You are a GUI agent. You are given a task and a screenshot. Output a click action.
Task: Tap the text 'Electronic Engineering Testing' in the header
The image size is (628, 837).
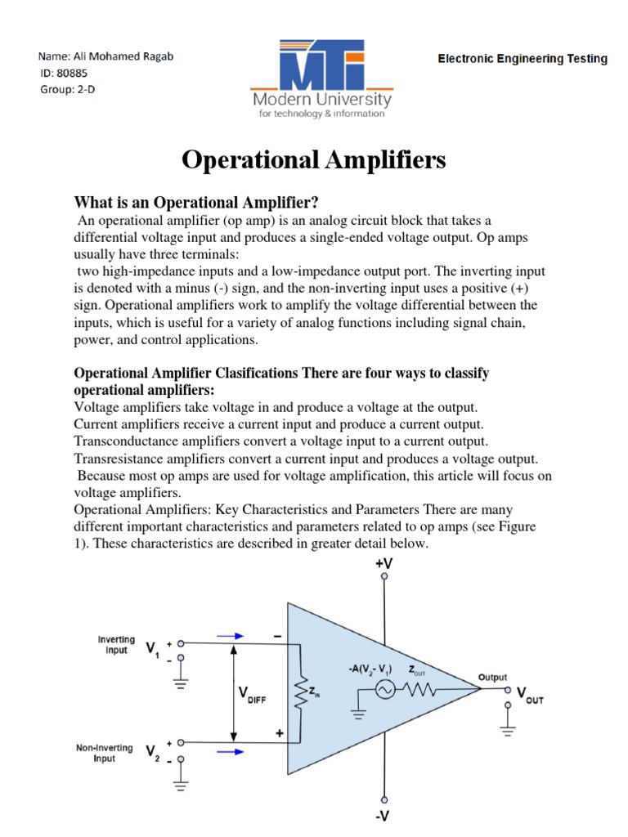[x=523, y=59]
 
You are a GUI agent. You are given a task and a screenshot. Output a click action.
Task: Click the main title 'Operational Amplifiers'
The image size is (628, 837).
[x=313, y=160]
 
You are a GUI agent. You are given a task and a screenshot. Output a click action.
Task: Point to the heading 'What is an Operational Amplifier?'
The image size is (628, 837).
[x=196, y=202]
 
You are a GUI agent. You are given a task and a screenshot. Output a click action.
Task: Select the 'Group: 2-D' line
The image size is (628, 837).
[x=68, y=90]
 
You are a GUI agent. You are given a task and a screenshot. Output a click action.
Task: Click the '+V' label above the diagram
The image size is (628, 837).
[x=384, y=563]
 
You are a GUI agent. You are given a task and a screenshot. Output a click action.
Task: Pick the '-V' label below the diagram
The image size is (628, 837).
[x=384, y=817]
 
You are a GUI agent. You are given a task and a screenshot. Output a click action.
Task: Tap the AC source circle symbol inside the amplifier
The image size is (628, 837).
[x=385, y=692]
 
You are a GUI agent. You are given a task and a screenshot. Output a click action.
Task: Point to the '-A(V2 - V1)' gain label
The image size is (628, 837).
[x=369, y=669]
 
